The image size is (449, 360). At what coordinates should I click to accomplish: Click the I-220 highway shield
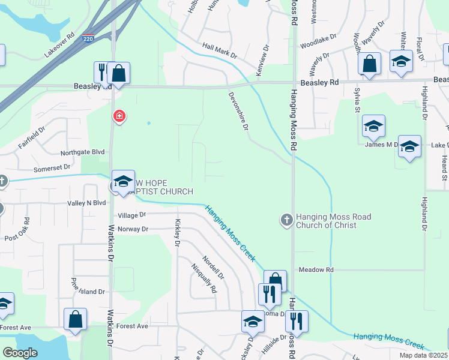[88, 37]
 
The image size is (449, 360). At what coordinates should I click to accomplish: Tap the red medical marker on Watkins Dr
[119, 116]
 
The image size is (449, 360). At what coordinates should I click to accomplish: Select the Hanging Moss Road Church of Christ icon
[286, 220]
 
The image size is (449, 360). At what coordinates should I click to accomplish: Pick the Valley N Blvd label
[86, 203]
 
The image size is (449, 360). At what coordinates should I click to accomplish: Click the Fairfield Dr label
[31, 137]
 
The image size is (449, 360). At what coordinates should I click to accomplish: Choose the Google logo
[20, 353]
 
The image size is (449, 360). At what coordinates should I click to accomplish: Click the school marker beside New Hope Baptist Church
[123, 182]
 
